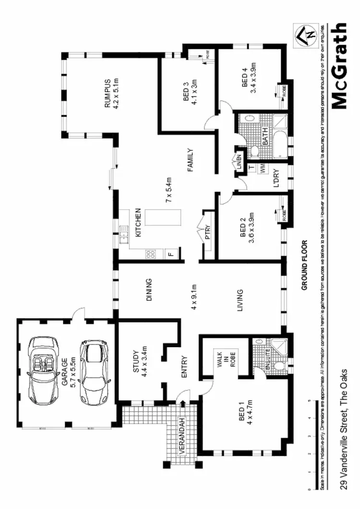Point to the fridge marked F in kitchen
click(x=170, y=254)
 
